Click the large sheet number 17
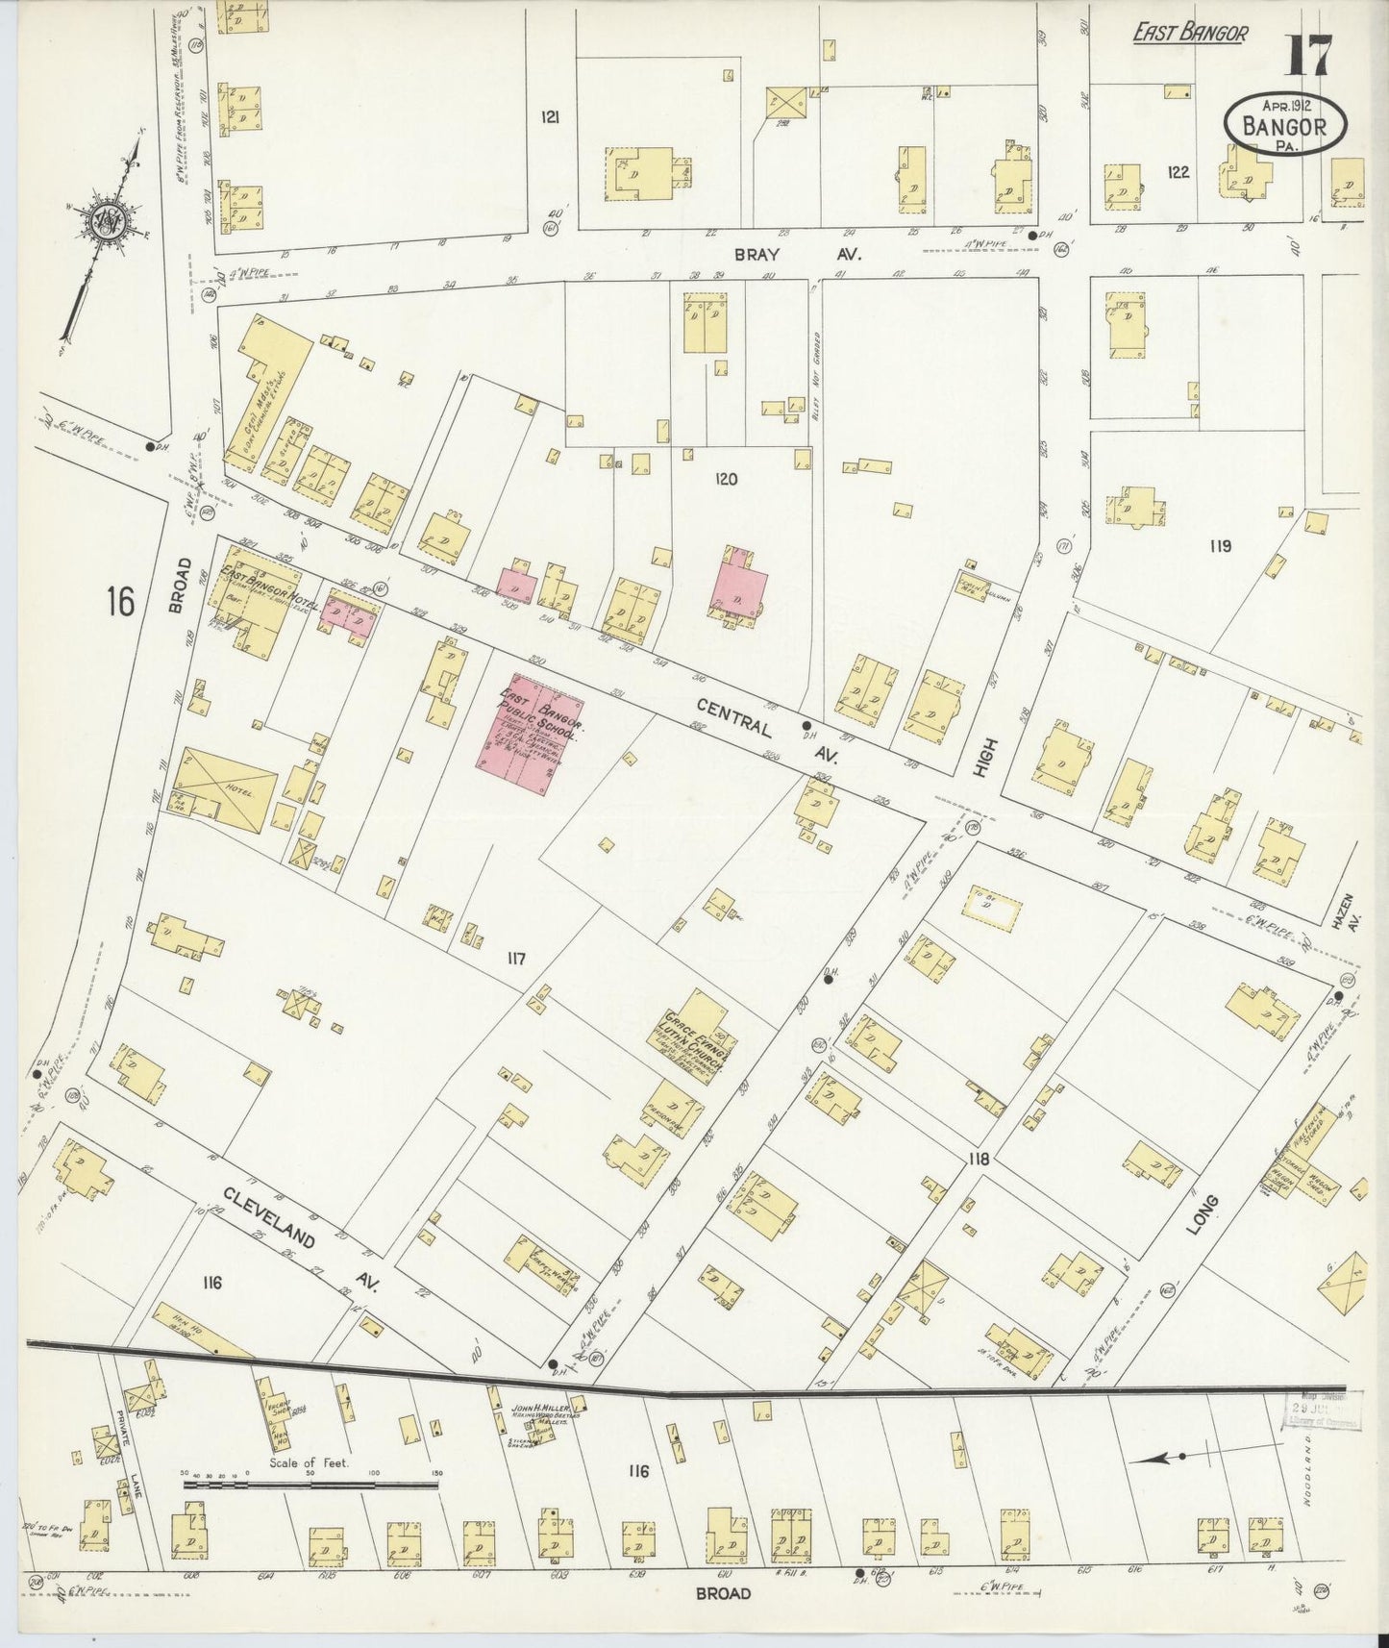1310,55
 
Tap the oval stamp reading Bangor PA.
1284,125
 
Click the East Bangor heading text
1190,34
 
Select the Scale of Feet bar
310,1485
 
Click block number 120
726,478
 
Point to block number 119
1220,546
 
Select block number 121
550,117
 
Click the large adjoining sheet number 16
120,602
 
